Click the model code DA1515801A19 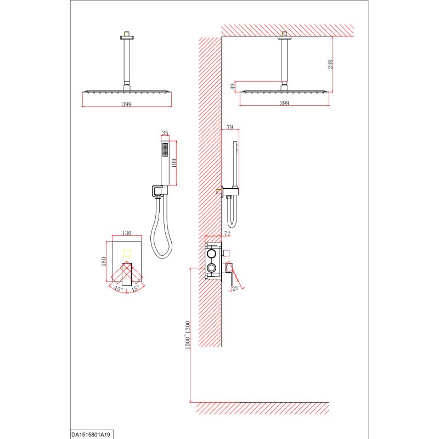(91, 435)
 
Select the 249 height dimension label (330, 64)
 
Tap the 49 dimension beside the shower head (233, 87)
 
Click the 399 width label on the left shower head (127, 104)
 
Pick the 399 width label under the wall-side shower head (284, 103)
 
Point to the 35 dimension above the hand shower (165, 133)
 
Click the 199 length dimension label (173, 163)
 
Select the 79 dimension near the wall (230, 127)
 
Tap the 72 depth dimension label (227, 233)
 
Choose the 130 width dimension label (127, 233)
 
